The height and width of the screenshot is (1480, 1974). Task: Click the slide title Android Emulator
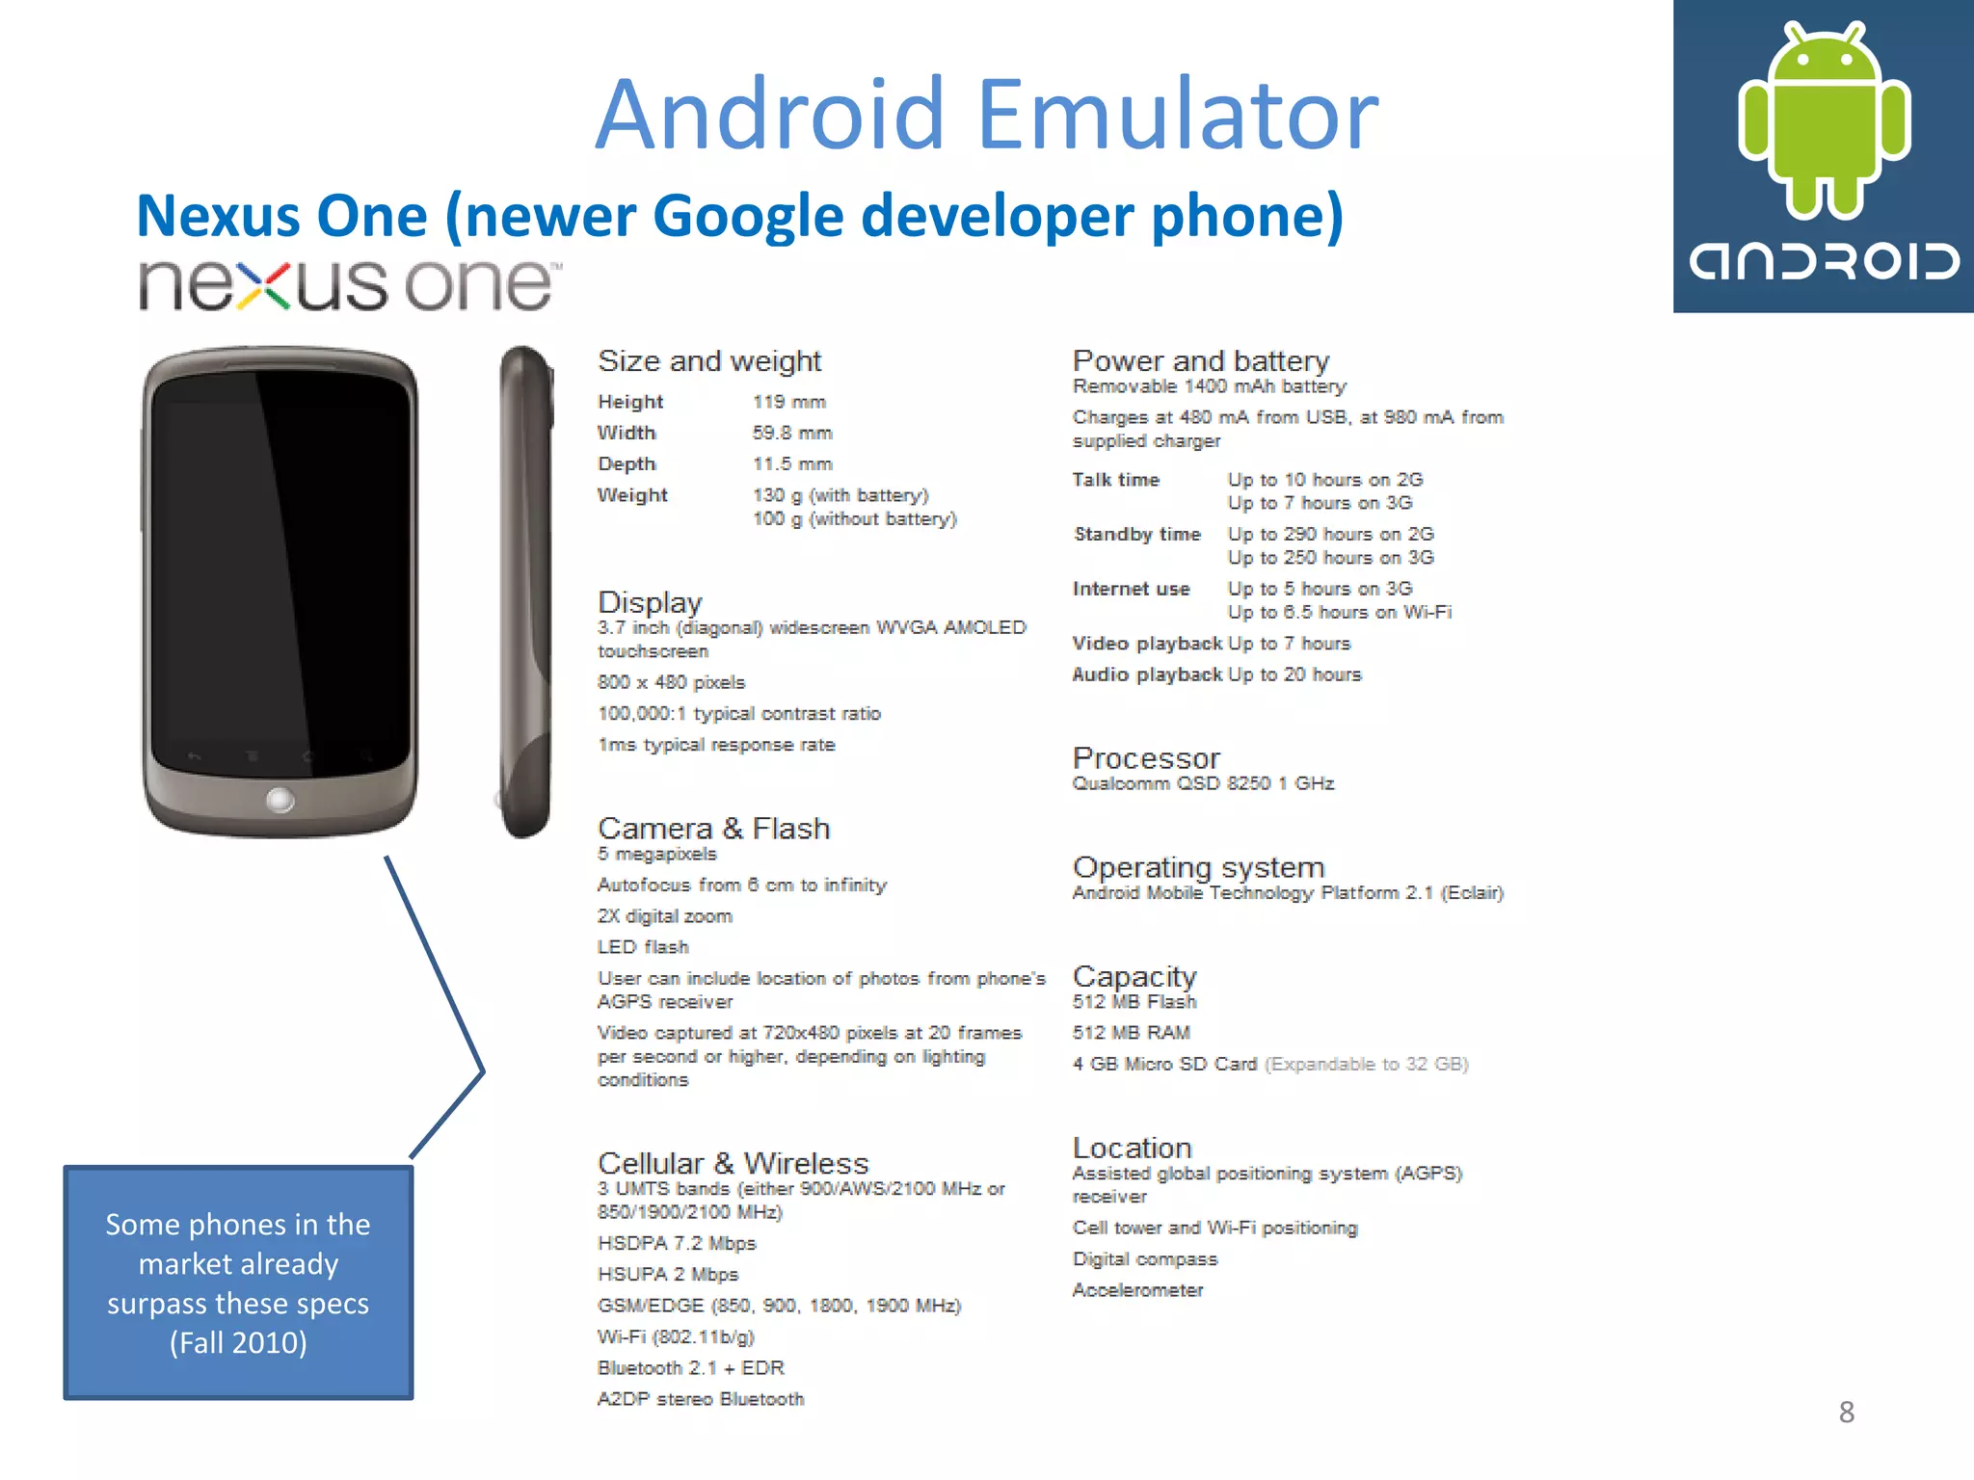click(986, 115)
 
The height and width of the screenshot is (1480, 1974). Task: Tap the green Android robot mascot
click(1823, 120)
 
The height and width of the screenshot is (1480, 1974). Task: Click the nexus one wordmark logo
click(349, 285)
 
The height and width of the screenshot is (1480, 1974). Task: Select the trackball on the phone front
click(280, 800)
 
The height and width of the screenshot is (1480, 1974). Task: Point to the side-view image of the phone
click(525, 592)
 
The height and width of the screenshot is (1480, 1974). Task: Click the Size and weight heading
click(709, 361)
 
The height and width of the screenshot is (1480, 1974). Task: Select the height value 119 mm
click(788, 402)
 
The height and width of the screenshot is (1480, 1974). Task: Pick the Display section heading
click(650, 602)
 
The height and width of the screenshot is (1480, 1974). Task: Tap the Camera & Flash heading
click(713, 829)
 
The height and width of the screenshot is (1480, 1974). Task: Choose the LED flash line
click(643, 947)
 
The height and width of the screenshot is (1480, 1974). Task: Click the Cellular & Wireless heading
click(733, 1163)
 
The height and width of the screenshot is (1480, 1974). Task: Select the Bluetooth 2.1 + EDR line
click(690, 1368)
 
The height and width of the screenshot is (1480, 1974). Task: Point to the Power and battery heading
click(1201, 361)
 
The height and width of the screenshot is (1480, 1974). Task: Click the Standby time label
click(1137, 534)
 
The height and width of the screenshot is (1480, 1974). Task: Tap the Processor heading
click(1146, 758)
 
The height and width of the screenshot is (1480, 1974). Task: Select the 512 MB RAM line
click(1131, 1033)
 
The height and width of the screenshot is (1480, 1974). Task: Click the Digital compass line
click(1144, 1259)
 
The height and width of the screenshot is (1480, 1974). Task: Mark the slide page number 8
click(1846, 1413)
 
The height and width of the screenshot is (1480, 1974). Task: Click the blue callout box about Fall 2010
click(238, 1282)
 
